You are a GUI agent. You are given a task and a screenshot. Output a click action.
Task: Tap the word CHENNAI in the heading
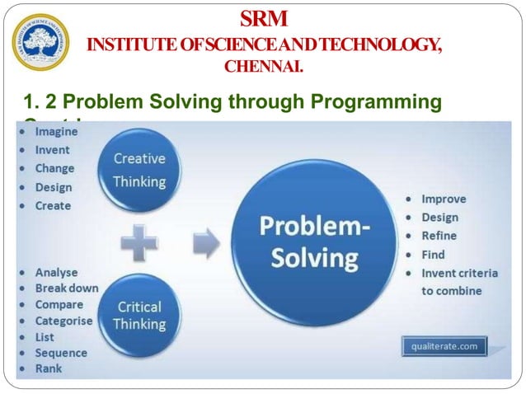click(x=264, y=66)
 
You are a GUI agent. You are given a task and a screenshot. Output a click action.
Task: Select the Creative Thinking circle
click(x=139, y=170)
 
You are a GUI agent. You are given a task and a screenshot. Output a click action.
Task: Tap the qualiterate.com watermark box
click(x=444, y=346)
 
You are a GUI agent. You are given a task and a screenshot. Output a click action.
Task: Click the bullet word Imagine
click(x=56, y=132)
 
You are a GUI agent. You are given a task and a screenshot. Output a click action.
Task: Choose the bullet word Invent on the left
click(x=53, y=150)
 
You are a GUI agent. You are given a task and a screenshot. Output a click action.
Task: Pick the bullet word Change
click(x=54, y=168)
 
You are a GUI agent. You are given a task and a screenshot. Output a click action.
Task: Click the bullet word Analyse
click(x=56, y=271)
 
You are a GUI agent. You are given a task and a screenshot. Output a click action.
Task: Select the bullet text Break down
click(x=67, y=288)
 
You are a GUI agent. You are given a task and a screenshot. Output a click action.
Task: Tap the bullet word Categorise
click(x=64, y=321)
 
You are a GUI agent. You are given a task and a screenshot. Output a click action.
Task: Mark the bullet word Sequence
click(x=61, y=353)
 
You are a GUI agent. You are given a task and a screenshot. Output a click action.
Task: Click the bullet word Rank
click(x=49, y=369)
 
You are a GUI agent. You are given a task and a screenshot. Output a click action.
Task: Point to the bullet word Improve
click(x=444, y=199)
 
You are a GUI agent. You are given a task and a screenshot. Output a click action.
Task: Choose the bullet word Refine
click(x=439, y=236)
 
